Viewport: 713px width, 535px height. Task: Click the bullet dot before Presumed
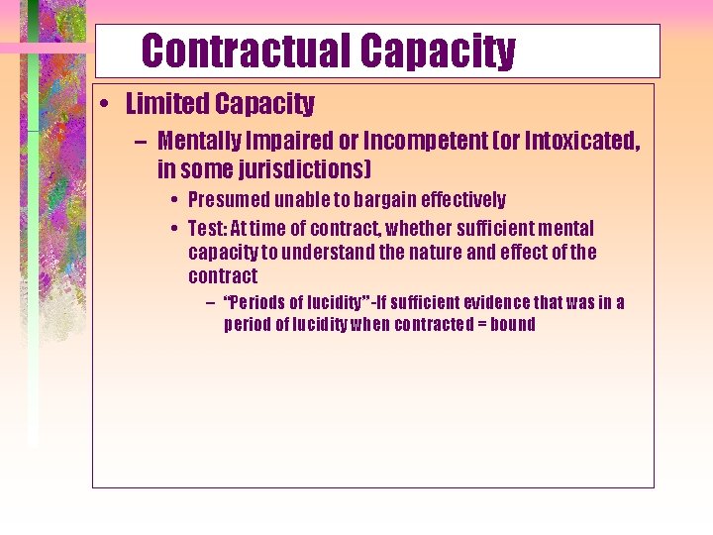click(172, 200)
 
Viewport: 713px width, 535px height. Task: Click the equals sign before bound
click(483, 324)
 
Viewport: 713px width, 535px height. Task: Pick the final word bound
click(513, 324)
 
